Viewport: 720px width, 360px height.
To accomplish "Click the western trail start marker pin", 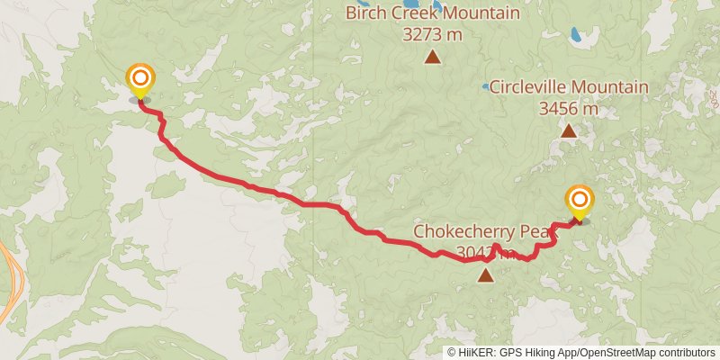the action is click(139, 80).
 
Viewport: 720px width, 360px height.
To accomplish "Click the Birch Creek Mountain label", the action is click(433, 13).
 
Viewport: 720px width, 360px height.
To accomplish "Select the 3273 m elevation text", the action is click(432, 34).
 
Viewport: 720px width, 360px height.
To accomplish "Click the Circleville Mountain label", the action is click(568, 87).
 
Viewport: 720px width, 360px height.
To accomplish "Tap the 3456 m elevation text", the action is click(568, 108).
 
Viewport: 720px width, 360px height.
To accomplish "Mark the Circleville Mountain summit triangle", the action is click(569, 131).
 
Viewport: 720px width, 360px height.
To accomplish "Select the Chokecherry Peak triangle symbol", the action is click(486, 275).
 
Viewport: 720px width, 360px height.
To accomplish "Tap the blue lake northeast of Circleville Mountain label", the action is click(575, 36).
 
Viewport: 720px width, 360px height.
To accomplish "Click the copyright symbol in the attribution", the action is click(453, 352).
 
